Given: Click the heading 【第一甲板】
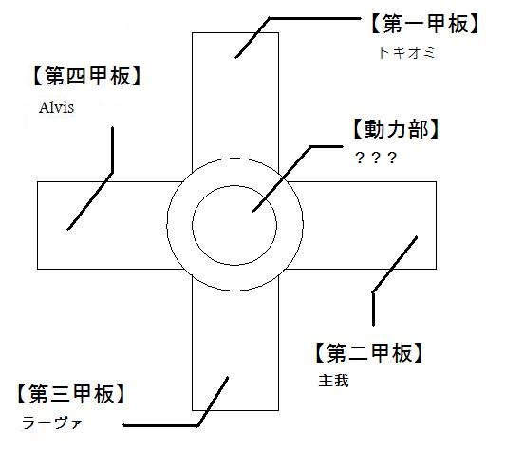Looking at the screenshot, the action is point(425,25).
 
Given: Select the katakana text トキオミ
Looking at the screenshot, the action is point(407,53).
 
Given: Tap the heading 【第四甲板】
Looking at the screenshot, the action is point(87,76).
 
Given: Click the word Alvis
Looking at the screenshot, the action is point(56,107).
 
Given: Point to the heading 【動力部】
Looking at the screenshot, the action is point(396,129).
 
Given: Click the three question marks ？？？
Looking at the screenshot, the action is point(376,158).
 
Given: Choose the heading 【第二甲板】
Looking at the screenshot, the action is point(368,353).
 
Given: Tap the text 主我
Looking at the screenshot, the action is point(333,381).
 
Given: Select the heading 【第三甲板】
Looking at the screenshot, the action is point(71,394).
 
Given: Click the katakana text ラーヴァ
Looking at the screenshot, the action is point(52,422).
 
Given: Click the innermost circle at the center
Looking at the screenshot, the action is point(234,185).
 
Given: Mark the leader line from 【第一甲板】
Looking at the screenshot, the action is point(270,19).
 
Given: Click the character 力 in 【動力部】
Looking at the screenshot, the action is point(396,129).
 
